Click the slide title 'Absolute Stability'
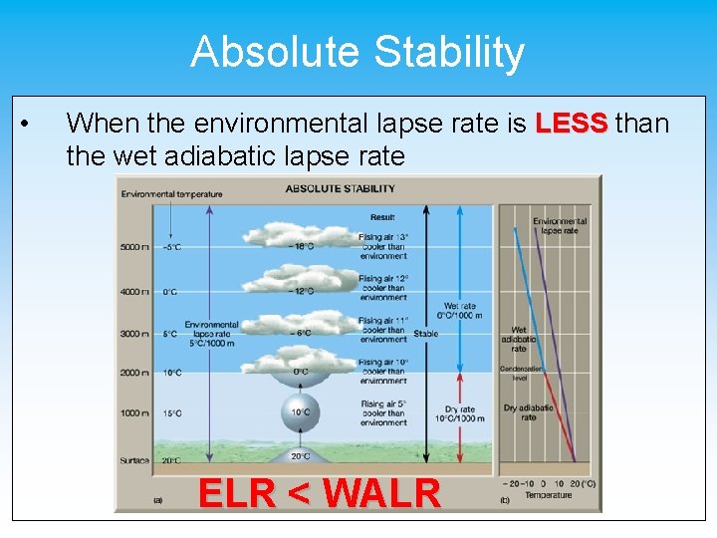358,52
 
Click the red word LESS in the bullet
571,124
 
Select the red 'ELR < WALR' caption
319,492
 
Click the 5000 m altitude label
133,247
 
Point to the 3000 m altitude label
133,334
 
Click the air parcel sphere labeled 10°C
300,409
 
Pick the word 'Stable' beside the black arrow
425,334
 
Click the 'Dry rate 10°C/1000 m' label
460,413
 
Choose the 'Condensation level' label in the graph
521,373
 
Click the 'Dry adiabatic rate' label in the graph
528,411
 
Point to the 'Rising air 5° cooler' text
382,412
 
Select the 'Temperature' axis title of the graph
548,494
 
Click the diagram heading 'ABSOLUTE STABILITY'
340,188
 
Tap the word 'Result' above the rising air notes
381,216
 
